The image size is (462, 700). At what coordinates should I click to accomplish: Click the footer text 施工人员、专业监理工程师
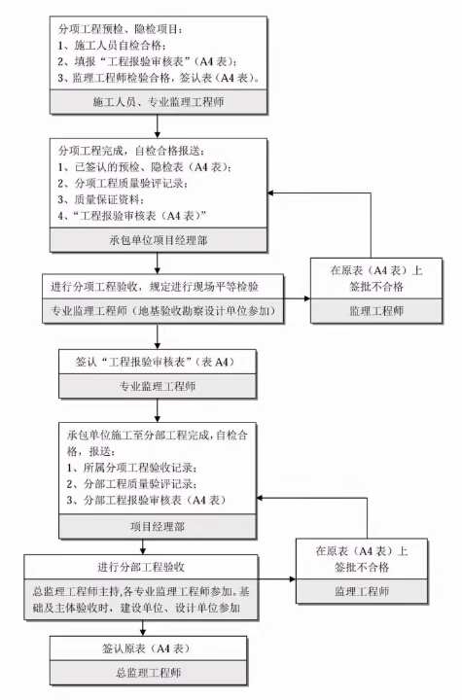159,102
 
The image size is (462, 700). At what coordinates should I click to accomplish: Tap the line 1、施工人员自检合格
112,46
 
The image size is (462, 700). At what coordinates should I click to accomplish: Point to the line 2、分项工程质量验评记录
123,183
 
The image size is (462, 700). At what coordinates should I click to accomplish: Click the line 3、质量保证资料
101,199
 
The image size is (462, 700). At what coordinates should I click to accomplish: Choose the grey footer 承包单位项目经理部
159,240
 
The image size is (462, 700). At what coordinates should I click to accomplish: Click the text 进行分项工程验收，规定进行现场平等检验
155,286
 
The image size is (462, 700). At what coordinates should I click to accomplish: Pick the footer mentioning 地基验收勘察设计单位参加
162,310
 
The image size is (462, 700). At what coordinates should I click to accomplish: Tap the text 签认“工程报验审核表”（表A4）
156,362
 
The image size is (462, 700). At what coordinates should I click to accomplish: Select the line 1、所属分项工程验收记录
132,468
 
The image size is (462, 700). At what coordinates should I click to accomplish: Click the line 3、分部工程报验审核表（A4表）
146,500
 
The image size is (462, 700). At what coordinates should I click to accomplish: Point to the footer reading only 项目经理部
158,526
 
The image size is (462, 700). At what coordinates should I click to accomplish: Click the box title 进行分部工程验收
141,567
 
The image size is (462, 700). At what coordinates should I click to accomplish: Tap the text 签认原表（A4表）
146,648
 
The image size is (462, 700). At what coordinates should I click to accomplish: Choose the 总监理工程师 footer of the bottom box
149,673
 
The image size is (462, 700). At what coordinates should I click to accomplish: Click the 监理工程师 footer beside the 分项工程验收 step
376,311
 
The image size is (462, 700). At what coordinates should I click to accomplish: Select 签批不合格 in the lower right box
362,567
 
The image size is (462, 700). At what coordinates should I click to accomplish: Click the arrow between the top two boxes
158,126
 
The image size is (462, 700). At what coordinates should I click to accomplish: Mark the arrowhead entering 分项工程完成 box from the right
270,192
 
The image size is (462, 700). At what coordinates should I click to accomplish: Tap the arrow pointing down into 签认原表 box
143,628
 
